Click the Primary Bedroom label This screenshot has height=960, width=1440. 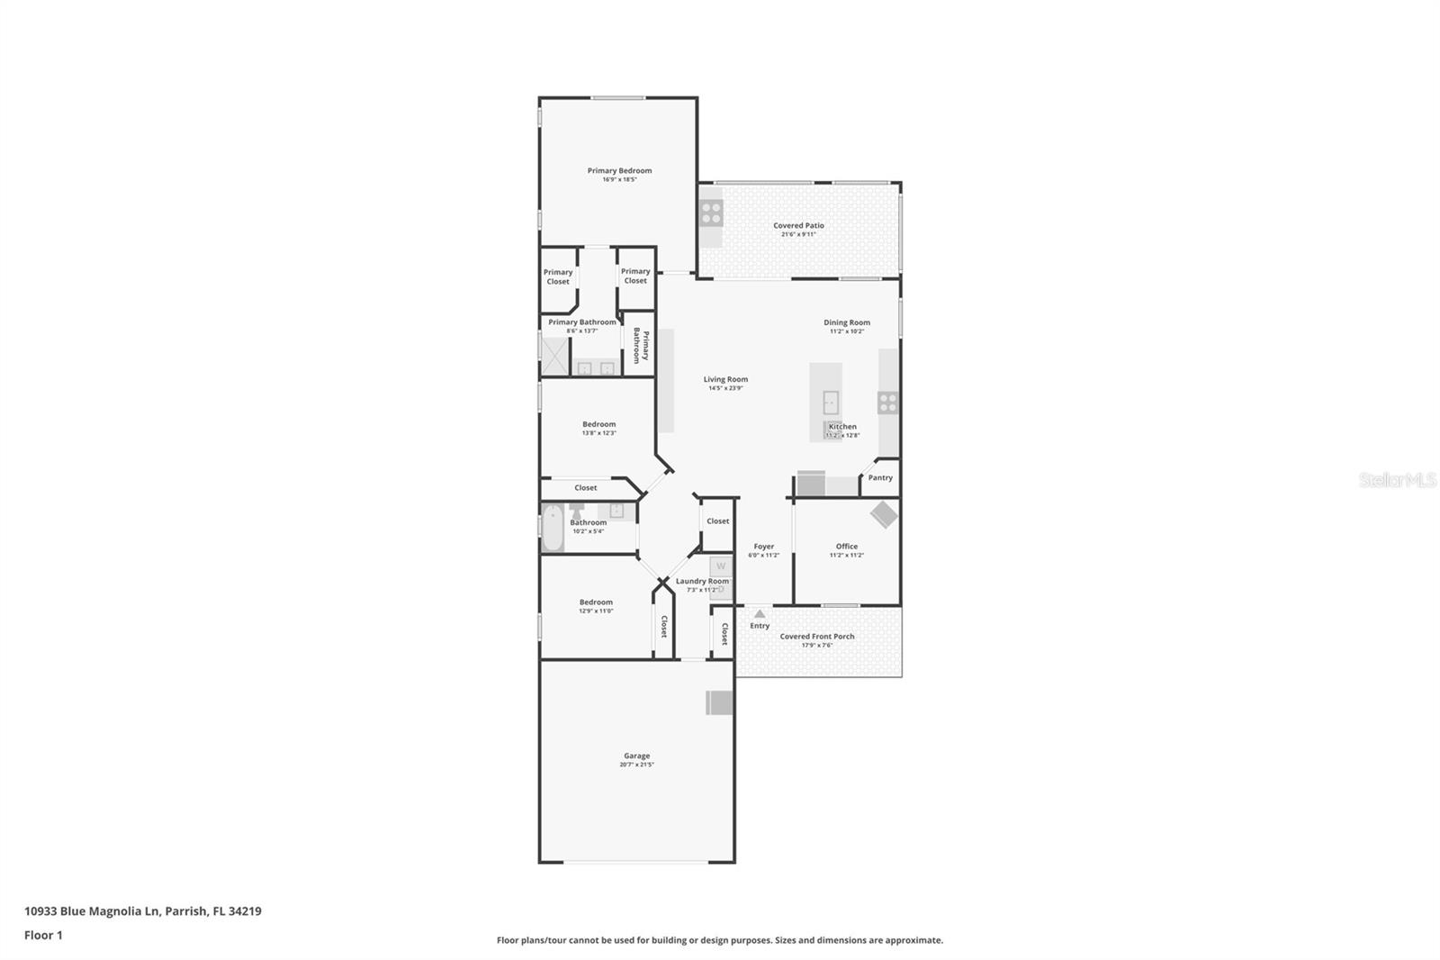(619, 171)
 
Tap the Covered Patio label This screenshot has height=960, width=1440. (798, 226)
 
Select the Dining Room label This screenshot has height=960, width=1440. (847, 322)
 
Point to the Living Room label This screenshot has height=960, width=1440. (725, 379)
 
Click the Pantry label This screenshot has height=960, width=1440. (880, 478)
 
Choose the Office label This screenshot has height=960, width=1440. (846, 547)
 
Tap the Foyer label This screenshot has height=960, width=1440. (763, 547)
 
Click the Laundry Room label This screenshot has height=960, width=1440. (702, 582)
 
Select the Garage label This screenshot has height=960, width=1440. (636, 756)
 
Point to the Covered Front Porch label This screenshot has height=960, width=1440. (817, 637)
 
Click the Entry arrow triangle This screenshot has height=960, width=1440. (760, 614)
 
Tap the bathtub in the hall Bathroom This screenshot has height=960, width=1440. (552, 528)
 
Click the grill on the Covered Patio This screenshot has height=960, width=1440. (711, 213)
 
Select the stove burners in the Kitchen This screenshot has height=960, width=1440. (887, 403)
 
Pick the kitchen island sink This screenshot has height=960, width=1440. (831, 403)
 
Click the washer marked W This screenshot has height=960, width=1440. (720, 566)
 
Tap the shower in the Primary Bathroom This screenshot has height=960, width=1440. (554, 355)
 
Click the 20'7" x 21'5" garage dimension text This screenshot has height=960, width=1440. (636, 765)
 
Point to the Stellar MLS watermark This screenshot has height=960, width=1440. (1397, 481)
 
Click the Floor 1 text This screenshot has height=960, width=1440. (43, 936)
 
